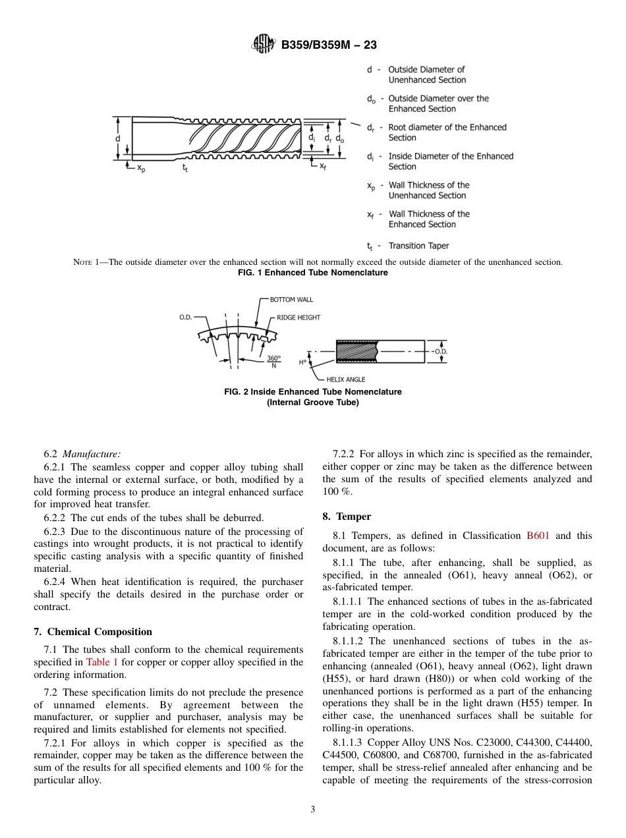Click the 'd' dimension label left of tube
[x=118, y=138]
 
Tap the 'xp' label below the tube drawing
[x=141, y=169]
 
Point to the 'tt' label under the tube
[x=186, y=169]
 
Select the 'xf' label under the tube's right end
[x=323, y=167]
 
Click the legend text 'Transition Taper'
[x=418, y=246]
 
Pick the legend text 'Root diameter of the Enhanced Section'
[x=447, y=132]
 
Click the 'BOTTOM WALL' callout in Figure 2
[x=291, y=300]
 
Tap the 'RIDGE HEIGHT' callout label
[x=298, y=318]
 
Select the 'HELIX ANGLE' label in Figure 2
[x=345, y=379]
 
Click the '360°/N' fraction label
[x=273, y=362]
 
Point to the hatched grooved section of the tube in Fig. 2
[x=356, y=352]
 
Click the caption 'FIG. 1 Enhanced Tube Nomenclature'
[x=312, y=273]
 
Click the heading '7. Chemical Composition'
[x=93, y=632]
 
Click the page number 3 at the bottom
[x=312, y=810]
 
